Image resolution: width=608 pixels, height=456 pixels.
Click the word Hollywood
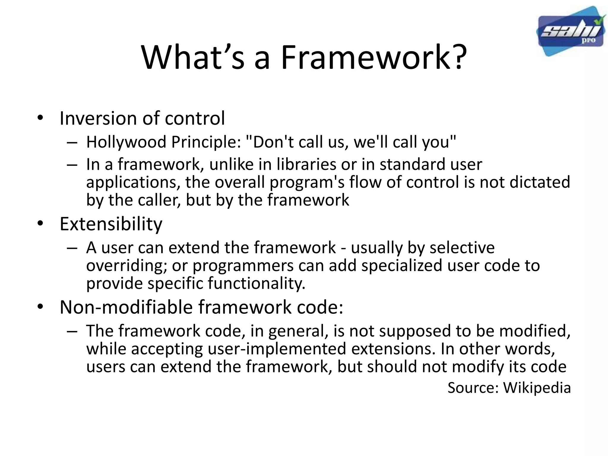(126, 142)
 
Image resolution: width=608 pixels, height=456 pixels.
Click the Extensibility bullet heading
(111, 224)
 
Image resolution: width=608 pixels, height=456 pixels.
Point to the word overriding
(126, 265)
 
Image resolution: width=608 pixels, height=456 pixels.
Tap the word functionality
(256, 283)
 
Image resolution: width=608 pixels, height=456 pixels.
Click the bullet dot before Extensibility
(40, 224)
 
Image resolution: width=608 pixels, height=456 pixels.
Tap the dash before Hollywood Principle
(72, 143)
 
